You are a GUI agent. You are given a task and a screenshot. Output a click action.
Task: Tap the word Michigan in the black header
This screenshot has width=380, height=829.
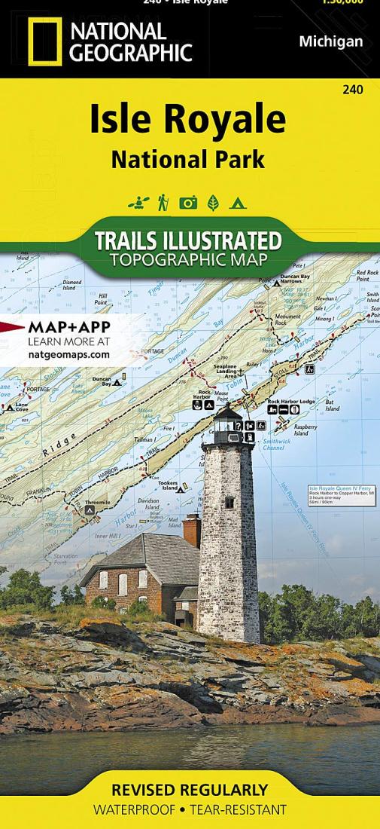330,41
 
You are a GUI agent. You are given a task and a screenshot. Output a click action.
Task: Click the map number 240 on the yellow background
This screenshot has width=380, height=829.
351,90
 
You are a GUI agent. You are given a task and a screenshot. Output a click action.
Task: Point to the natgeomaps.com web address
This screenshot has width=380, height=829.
68,353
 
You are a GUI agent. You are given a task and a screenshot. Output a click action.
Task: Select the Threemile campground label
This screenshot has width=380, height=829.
97,501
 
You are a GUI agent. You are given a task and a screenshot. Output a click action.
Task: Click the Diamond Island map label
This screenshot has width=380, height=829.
72,284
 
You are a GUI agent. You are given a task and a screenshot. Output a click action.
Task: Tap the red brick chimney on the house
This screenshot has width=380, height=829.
192,529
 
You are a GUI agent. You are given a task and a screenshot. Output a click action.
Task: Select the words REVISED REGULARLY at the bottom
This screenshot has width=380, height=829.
189,790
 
